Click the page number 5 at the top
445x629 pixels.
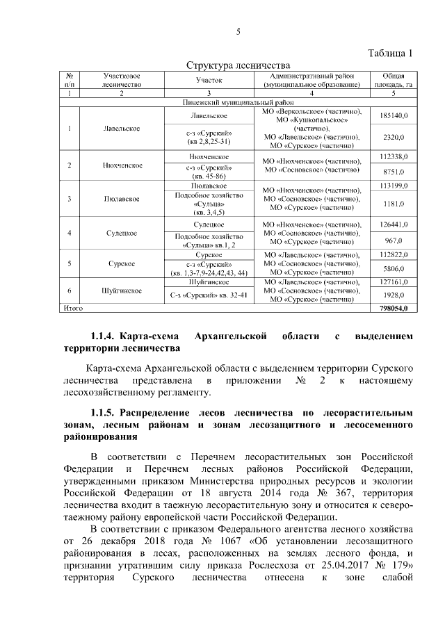[238, 31]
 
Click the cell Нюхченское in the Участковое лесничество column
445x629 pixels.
[122, 166]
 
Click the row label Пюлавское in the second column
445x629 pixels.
[122, 199]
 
